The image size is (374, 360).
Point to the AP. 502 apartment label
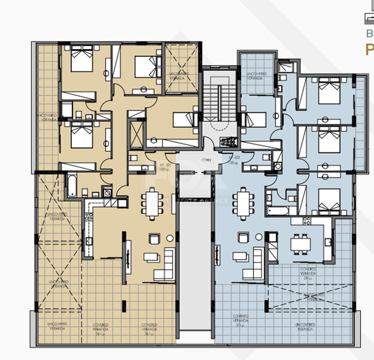tap(234, 158)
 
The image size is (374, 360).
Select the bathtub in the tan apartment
tap(71, 184)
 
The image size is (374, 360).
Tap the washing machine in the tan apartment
tap(107, 193)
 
